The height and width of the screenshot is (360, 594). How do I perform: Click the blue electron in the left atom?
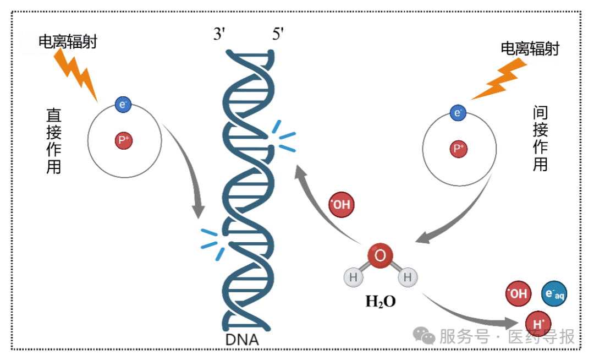[122, 103]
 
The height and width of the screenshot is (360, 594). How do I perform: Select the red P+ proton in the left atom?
[124, 141]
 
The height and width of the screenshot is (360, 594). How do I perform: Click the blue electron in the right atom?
[458, 113]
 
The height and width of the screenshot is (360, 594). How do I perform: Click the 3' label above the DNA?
[221, 35]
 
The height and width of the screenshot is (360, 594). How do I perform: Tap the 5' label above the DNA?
[278, 35]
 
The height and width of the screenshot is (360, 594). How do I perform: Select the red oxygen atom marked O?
[381, 256]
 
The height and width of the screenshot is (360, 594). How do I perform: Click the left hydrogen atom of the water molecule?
[354, 277]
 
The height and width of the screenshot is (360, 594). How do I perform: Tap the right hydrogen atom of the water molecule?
[407, 277]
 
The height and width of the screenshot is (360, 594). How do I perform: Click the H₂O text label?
[381, 302]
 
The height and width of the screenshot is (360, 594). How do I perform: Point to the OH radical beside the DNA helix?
[341, 205]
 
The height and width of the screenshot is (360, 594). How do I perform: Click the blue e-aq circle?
[553, 294]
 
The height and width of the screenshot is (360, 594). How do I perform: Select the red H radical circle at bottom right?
[538, 323]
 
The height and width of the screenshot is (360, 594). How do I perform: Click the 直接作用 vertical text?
[54, 141]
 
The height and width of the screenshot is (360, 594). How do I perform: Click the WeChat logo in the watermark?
[425, 335]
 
